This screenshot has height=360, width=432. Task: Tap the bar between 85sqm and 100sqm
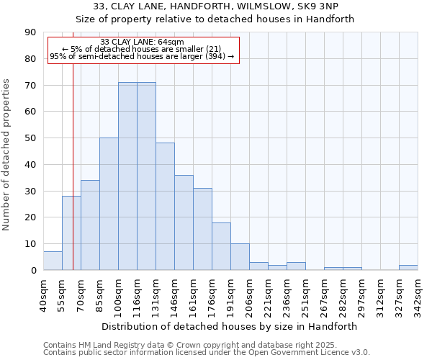(109, 204)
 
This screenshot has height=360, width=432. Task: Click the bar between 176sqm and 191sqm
(221, 246)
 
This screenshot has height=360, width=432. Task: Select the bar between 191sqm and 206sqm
(240, 257)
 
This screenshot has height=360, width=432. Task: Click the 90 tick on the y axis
(30, 32)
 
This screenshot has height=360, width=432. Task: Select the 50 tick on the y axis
(30, 138)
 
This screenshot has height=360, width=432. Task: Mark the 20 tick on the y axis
(30, 217)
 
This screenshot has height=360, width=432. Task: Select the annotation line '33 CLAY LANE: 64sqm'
(142, 42)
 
